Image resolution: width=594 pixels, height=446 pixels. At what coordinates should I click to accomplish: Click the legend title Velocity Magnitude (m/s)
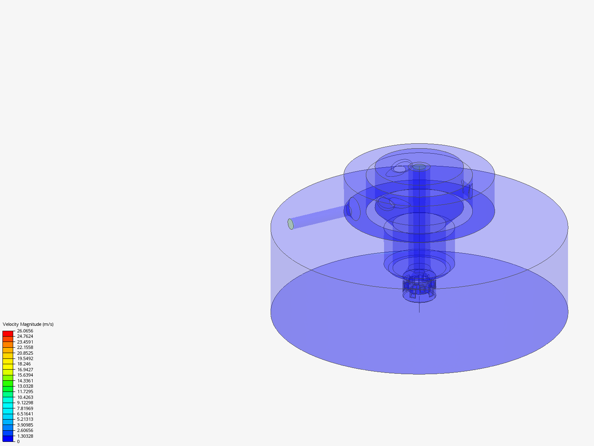tap(28, 324)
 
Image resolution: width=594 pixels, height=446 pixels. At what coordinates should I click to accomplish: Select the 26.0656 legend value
tap(25, 331)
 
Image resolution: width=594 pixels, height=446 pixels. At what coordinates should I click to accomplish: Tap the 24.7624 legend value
tap(25, 337)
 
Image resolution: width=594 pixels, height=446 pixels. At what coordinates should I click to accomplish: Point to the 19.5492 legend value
tap(25, 358)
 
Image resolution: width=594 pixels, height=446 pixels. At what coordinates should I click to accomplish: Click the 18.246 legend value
tap(24, 364)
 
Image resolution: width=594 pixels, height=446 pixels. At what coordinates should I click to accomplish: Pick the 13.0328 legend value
tap(25, 386)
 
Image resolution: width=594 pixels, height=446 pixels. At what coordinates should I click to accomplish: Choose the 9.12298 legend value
tap(25, 403)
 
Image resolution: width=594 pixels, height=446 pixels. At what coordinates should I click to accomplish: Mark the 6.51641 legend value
tap(25, 414)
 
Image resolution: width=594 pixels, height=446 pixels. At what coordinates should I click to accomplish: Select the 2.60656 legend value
tap(25, 430)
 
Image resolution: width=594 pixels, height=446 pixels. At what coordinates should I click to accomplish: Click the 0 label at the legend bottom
tap(18, 441)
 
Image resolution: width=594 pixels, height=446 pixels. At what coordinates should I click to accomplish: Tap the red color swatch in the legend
tap(8, 333)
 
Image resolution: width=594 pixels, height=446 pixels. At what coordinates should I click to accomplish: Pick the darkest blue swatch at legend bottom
tap(8, 439)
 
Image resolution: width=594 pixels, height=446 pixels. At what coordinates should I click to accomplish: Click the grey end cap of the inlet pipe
tap(290, 224)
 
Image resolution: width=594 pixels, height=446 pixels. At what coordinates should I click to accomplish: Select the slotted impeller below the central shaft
tap(419, 286)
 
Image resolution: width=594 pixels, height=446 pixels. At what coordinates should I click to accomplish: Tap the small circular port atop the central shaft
tap(420, 167)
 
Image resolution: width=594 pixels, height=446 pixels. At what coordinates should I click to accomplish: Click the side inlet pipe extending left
tap(318, 217)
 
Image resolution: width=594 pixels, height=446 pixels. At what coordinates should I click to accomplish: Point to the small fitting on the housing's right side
tap(469, 190)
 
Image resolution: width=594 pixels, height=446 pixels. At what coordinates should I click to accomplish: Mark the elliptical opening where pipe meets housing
tap(354, 209)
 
